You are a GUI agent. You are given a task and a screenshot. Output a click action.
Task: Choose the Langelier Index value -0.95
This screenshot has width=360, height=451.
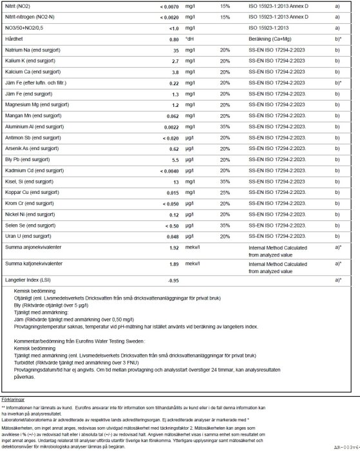click(x=172, y=281)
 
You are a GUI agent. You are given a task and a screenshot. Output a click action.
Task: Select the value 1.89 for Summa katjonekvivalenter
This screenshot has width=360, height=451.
click(x=173, y=264)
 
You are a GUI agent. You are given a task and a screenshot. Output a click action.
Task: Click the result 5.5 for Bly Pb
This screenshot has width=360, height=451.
click(x=173, y=160)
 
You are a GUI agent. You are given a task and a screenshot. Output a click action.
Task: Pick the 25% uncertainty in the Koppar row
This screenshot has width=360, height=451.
click(x=224, y=193)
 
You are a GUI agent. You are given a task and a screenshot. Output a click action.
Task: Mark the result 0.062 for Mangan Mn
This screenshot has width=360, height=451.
click(x=170, y=115)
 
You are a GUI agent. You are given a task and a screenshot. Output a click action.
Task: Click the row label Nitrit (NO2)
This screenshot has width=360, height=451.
click(x=21, y=5)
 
